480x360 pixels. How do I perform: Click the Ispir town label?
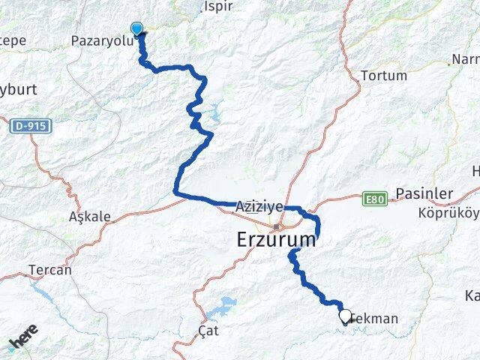[x=218, y=7]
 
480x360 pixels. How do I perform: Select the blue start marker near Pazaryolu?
[x=136, y=29]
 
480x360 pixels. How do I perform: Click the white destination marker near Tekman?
[x=345, y=316]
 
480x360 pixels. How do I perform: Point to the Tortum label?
[x=384, y=76]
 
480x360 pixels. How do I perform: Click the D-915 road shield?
[x=30, y=127]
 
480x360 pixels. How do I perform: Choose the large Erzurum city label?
[x=276, y=241]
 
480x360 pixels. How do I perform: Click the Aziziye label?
[x=259, y=206]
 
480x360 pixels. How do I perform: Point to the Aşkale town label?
[x=90, y=217]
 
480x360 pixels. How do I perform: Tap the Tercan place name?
[x=49, y=270]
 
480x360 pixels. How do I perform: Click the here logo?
[x=24, y=341]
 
